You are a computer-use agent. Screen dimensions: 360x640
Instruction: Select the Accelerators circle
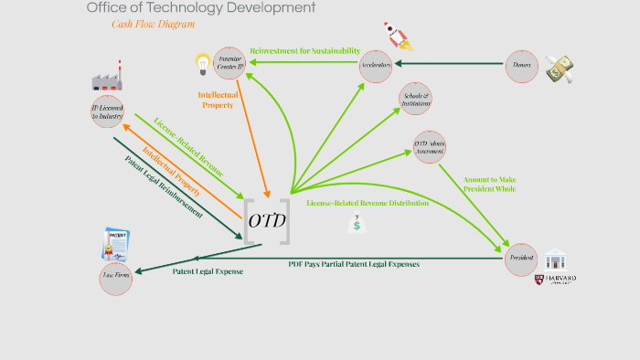[x=377, y=65]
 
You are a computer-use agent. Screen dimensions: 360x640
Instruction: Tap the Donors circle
[x=522, y=66]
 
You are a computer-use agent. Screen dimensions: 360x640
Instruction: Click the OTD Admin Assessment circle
[x=430, y=147]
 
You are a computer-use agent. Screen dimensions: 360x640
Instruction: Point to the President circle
[x=521, y=259]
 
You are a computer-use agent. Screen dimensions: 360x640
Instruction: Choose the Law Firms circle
[x=116, y=279]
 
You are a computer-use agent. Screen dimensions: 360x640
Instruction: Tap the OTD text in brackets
[x=267, y=222]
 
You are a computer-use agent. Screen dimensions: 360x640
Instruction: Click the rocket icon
[x=399, y=36]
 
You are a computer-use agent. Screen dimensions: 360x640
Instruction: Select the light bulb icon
[x=203, y=63]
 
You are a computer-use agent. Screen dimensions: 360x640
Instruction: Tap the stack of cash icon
[x=560, y=69]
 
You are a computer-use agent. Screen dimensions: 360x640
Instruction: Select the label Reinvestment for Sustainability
[x=304, y=51]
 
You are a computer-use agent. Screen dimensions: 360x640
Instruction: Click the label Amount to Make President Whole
[x=489, y=185]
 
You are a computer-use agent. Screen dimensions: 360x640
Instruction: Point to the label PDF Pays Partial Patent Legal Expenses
[x=354, y=264]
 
